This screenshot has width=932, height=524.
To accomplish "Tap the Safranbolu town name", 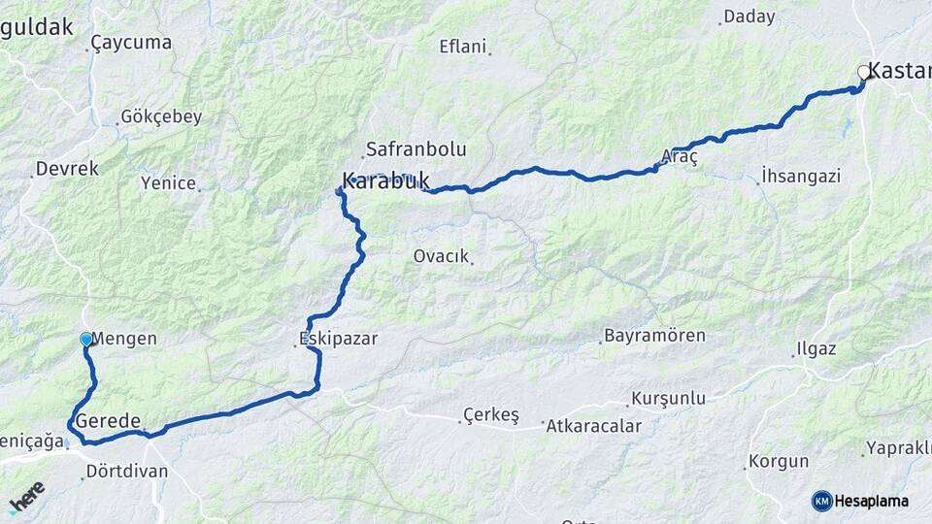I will pos(416,149).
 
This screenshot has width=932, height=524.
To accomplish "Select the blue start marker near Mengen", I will pos(86,340).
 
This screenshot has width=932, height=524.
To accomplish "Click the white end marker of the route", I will pos(863,72).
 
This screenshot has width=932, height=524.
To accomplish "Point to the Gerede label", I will pos(109,421).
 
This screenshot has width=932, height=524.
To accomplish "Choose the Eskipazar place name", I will pos(338,339).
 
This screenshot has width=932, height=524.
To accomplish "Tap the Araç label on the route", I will pos(680,156).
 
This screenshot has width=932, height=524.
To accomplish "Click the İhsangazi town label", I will pos(801,177).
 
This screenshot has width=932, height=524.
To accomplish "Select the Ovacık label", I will pos(442,256).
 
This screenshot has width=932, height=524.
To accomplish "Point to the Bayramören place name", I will pos(654,336).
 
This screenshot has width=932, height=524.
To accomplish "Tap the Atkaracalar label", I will pos(594,425).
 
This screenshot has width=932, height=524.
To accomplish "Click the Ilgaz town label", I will pos(815,348).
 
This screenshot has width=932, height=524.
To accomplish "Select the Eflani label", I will pos(462,46).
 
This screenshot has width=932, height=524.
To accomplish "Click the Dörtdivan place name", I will pos(126,471).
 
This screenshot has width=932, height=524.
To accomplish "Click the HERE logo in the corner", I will pos(26,497).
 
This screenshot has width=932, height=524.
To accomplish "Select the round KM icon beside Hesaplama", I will pos(822,501).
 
